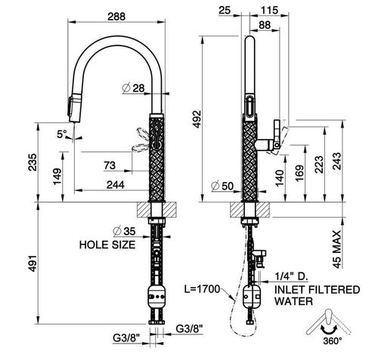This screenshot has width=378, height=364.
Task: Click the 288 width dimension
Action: (x=116, y=17)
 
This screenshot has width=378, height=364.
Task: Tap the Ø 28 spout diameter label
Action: (x=133, y=88)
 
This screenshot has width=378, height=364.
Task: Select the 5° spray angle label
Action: (x=62, y=134)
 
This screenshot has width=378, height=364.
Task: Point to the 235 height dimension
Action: (x=33, y=162)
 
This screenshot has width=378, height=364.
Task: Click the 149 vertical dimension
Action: (x=57, y=177)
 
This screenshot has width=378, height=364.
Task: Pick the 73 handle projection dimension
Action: (x=110, y=165)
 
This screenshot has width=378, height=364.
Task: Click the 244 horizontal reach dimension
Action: (x=116, y=185)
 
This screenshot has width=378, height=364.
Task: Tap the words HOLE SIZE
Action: (x=107, y=245)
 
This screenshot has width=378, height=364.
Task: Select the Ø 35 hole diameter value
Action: (x=125, y=231)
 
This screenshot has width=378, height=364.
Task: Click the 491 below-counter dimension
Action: (x=33, y=264)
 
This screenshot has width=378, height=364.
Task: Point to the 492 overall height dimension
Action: (x=197, y=119)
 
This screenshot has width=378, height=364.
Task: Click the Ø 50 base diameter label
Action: (x=222, y=186)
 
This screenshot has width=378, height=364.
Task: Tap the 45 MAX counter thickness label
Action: (x=336, y=249)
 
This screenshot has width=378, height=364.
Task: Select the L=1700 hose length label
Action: (x=203, y=289)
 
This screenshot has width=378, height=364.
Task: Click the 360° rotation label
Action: (x=333, y=341)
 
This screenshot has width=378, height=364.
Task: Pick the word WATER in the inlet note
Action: (x=294, y=301)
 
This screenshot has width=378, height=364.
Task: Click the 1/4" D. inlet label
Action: (x=292, y=276)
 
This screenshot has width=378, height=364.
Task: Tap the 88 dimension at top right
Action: (x=265, y=25)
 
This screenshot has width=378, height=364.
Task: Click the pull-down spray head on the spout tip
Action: (x=75, y=108)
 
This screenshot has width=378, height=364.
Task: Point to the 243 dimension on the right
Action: (x=336, y=161)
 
